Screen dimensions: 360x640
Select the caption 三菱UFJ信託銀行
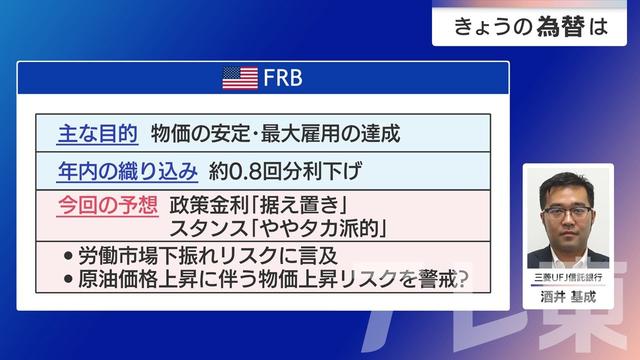click(567, 276)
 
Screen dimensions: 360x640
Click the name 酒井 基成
click(567, 295)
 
